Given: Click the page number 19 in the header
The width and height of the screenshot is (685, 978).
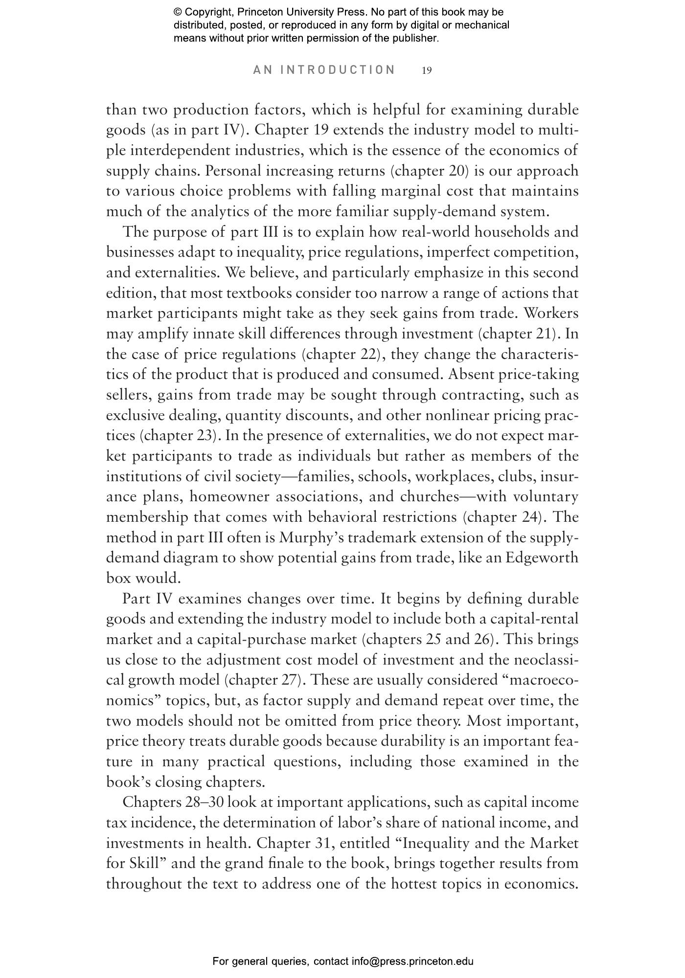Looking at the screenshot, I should pos(427,70).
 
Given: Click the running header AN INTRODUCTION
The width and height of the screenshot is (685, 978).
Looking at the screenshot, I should pos(324,70).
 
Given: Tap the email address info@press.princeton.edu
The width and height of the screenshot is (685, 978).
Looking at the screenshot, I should pos(412,961).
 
